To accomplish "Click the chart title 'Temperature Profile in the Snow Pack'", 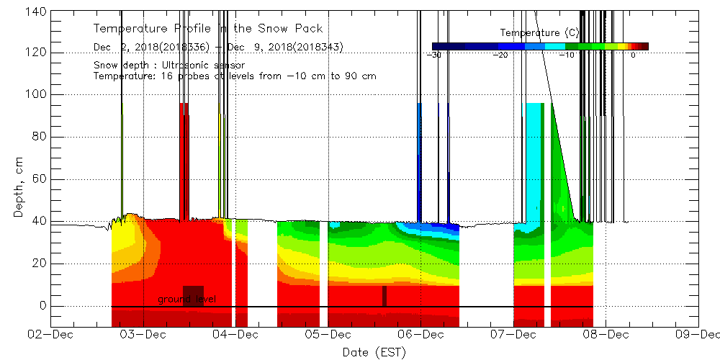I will [207, 29].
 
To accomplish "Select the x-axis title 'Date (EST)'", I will [374, 352].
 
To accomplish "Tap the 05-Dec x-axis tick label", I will [328, 335].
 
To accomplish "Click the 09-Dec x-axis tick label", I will [697, 335].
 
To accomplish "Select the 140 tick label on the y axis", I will [37, 12].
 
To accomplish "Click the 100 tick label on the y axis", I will [37, 95].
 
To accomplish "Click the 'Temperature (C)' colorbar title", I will [539, 32].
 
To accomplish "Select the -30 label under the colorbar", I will [435, 55].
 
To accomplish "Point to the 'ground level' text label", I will [186, 299].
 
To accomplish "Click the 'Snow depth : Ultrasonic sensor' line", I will [168, 66].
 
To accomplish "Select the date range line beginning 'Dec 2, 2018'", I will [217, 48].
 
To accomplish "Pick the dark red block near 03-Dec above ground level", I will [193, 296].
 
